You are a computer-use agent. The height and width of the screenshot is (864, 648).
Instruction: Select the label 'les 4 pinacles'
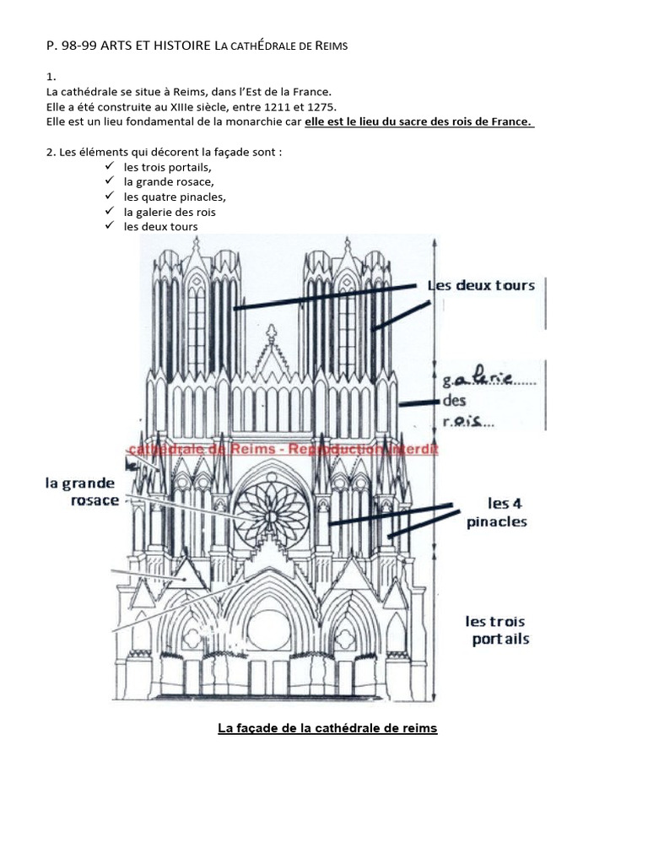coord(497,513)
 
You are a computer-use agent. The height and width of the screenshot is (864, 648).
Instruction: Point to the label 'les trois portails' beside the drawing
coord(498,630)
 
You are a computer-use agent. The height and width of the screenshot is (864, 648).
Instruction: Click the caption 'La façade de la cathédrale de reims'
coord(327,727)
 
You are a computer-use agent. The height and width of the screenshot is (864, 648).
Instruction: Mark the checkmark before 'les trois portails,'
coord(109,166)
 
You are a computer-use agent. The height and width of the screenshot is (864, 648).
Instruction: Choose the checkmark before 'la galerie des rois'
coord(109,212)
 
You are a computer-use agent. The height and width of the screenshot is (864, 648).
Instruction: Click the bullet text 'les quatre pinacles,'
coord(175,197)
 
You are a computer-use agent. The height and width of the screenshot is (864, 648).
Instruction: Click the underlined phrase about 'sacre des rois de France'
coord(418,121)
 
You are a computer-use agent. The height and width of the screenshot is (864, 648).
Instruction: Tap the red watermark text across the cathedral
coord(283,449)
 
